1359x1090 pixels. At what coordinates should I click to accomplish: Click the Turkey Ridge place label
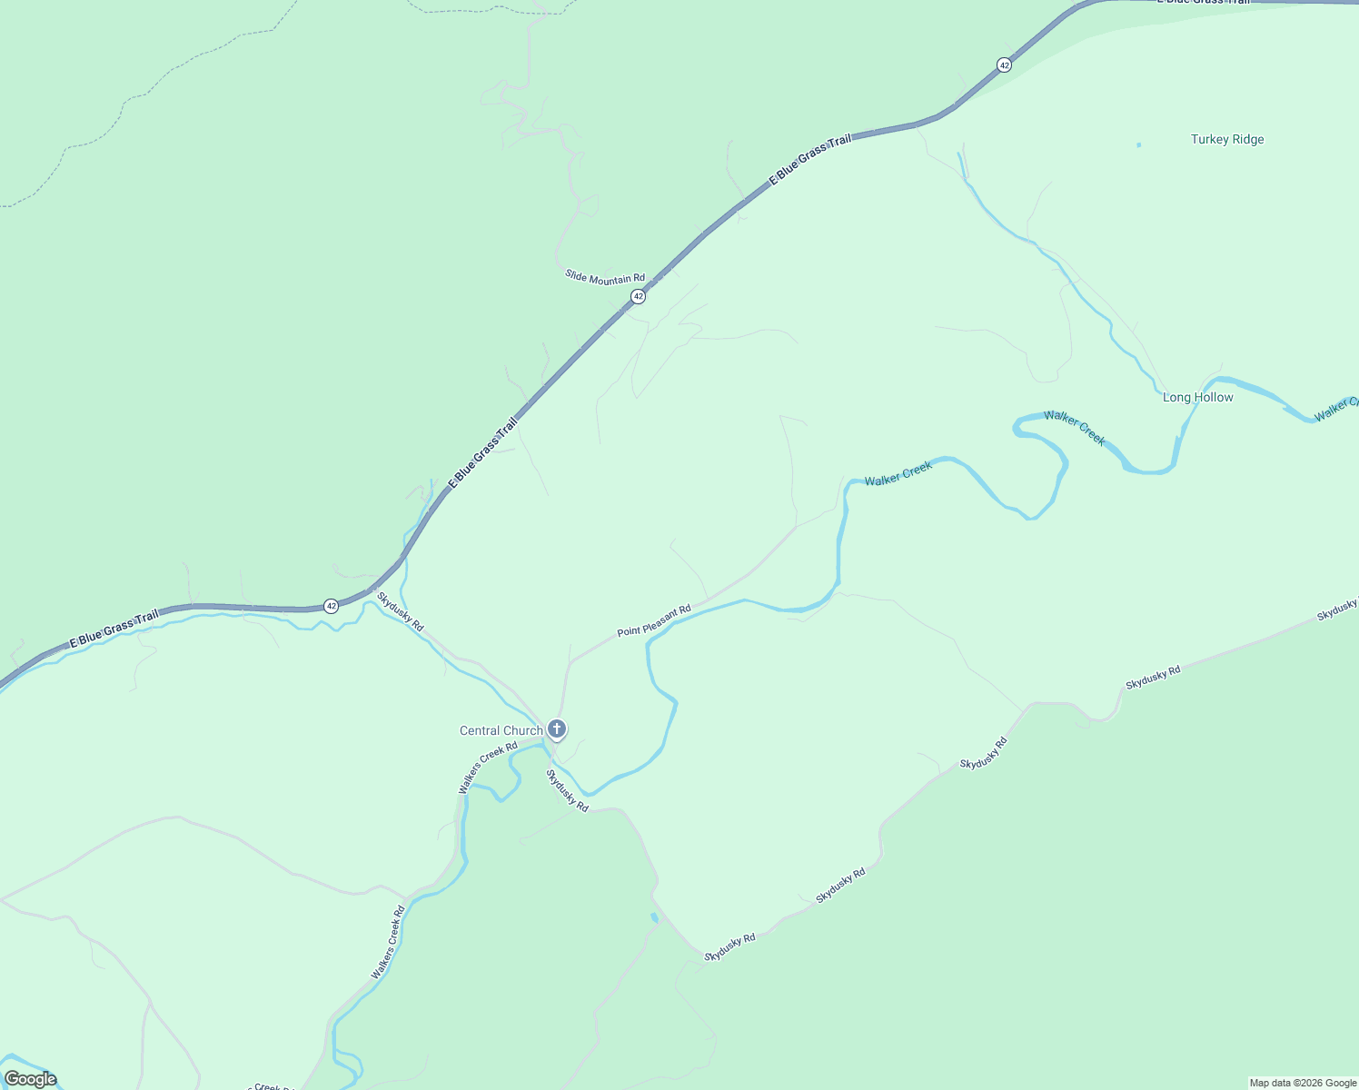(1226, 139)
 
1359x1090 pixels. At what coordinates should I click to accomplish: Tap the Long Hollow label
(1197, 397)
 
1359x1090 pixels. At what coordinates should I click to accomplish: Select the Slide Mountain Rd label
(604, 277)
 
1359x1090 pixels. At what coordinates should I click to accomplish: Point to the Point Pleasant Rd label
(654, 620)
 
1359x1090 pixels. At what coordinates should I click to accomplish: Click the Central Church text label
(501, 730)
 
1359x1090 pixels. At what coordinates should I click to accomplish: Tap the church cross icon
(557, 728)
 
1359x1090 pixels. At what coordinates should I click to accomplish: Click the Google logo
(30, 1079)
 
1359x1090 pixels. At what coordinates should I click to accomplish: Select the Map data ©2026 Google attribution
(1303, 1083)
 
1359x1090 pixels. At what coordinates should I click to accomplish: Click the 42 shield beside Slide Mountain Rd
(639, 296)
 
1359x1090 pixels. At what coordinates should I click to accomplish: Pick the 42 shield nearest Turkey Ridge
(1004, 64)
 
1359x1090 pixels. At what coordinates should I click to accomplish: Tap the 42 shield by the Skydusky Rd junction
(331, 605)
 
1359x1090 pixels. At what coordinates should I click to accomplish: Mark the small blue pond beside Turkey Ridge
(1138, 144)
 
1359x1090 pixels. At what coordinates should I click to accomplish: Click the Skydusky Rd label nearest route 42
(401, 612)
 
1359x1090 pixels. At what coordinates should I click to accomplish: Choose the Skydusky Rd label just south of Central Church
(567, 790)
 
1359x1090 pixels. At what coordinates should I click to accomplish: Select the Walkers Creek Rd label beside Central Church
(487, 768)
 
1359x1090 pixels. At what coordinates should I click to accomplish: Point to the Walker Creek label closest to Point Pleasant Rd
(898, 473)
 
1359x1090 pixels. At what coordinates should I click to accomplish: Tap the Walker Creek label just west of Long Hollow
(1074, 428)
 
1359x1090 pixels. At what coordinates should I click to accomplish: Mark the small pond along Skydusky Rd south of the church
(654, 917)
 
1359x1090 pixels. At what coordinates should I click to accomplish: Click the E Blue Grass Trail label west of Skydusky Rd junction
(114, 628)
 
